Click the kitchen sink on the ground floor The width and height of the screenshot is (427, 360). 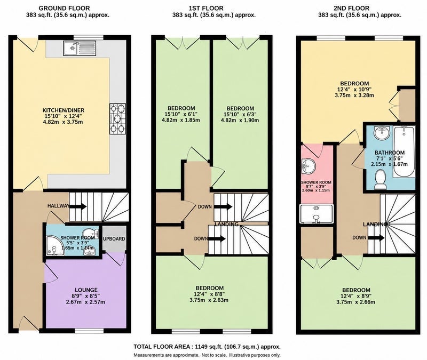(x=80, y=48)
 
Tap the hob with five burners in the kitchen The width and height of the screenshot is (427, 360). (x=118, y=118)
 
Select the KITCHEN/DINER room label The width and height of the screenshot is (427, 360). (x=63, y=110)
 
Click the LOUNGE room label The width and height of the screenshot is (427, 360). (x=86, y=290)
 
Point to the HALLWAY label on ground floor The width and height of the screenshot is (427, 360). (x=58, y=206)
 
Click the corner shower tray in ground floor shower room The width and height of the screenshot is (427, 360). (x=55, y=246)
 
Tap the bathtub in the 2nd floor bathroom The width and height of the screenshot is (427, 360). (x=404, y=151)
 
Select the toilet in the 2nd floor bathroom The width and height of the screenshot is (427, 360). (x=380, y=180)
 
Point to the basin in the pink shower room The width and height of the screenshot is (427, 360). (x=308, y=165)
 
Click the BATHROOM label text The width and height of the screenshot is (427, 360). (x=390, y=153)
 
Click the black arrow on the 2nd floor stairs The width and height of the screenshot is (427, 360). (x=376, y=238)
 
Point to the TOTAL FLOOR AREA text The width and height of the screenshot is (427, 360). (x=163, y=347)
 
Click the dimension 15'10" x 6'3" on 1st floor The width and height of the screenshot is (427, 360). (x=240, y=114)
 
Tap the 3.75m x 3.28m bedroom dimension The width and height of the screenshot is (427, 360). (x=354, y=95)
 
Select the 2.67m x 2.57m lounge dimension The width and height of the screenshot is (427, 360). (x=85, y=302)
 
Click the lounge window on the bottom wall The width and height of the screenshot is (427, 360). (x=89, y=331)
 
